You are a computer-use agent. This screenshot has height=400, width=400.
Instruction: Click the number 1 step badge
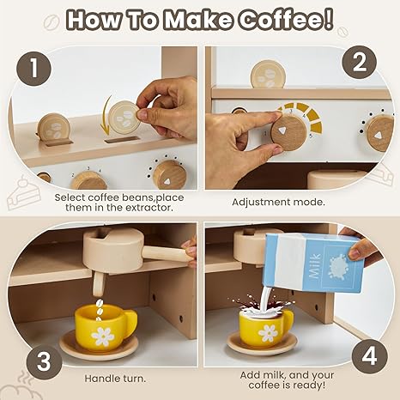point(33,69)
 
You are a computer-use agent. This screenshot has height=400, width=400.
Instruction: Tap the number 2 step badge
point(360,63)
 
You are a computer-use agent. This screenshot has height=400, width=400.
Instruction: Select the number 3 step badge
point(44,361)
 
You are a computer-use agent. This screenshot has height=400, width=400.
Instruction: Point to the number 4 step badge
point(369,356)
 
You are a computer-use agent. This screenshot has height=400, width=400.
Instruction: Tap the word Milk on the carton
point(316,266)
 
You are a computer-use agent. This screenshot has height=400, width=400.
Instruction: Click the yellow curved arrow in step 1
point(106,115)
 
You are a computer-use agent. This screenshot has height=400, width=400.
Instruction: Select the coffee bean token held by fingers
point(125,117)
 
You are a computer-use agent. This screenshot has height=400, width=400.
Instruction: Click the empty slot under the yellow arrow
point(121,140)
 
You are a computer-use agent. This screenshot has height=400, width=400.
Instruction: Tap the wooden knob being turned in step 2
point(289,133)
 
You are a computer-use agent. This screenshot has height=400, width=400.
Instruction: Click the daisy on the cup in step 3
point(103,336)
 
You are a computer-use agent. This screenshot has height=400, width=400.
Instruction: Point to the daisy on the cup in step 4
point(268,333)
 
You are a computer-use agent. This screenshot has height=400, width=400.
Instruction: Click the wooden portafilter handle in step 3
point(167,253)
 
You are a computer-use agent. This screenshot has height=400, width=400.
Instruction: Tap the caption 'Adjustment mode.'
point(278,203)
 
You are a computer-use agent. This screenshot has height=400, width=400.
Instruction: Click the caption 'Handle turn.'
point(115,379)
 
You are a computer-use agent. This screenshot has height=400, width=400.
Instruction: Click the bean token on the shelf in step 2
point(268,74)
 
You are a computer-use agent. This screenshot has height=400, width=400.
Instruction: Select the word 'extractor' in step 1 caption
point(149,208)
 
